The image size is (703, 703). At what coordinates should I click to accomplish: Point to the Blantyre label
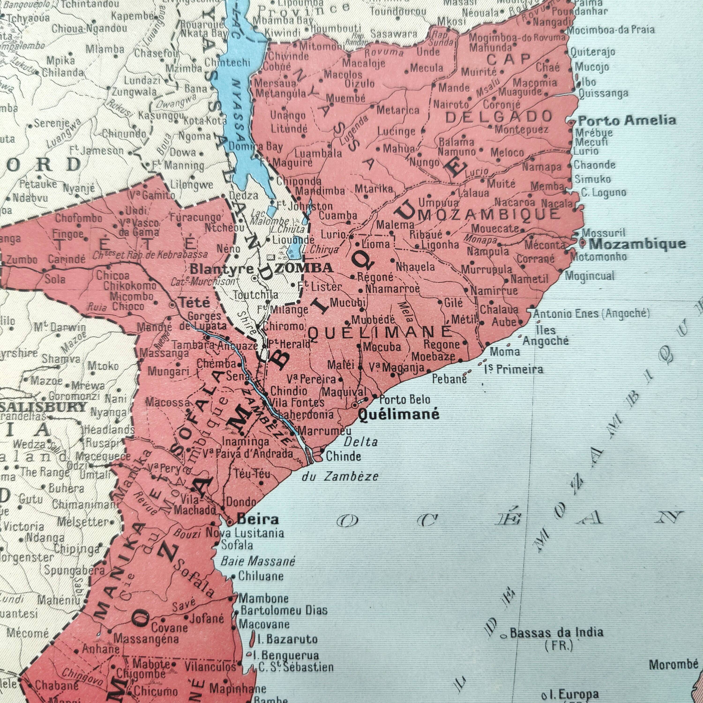point(222,269)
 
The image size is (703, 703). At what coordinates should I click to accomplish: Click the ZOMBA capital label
point(304,268)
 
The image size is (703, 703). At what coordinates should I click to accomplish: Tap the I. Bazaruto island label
point(287,639)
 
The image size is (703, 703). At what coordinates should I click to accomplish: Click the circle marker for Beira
point(230,522)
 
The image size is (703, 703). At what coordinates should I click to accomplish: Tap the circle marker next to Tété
point(172,305)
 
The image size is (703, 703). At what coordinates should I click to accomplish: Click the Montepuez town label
point(521,129)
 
